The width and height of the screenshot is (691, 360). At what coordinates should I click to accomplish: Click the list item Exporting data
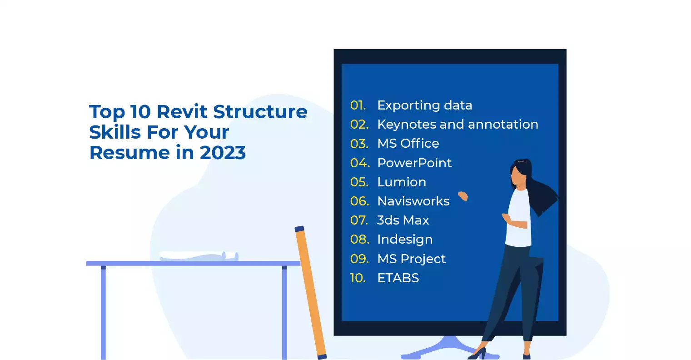(x=424, y=105)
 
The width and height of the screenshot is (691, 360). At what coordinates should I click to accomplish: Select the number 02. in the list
(x=359, y=125)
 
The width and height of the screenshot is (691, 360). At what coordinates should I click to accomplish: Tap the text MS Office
(x=408, y=144)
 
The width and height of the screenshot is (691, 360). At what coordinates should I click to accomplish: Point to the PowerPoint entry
(x=414, y=163)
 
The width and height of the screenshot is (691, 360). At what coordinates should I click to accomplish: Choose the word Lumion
(x=402, y=182)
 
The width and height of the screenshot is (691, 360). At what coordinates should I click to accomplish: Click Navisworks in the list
(x=413, y=201)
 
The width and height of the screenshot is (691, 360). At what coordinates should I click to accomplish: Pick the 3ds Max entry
(x=403, y=220)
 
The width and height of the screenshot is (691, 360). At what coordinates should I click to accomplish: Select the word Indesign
(x=405, y=240)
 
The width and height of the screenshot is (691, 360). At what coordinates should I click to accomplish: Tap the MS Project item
(x=412, y=259)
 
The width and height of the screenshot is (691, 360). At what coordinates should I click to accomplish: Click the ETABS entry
(x=398, y=278)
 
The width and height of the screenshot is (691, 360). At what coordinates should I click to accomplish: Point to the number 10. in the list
(x=358, y=278)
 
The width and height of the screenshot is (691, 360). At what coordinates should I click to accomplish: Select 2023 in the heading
(x=223, y=153)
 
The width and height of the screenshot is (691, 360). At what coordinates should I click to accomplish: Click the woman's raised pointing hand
(x=463, y=196)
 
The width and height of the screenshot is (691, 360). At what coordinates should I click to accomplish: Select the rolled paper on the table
(x=199, y=256)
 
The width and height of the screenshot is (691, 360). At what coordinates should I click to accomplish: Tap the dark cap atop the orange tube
(x=299, y=229)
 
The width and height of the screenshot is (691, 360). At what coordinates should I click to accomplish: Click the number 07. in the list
(x=359, y=220)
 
